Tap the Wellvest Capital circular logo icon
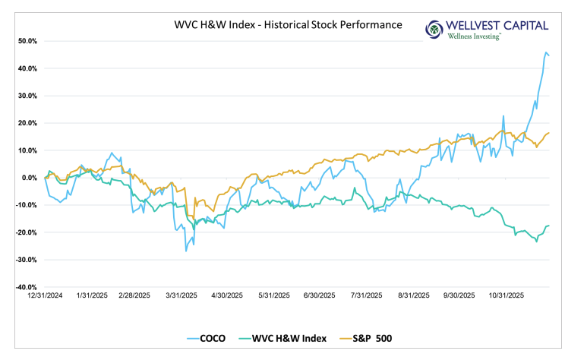tap(434, 30)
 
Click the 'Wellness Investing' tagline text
tap(475, 36)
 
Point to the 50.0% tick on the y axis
tap(27, 41)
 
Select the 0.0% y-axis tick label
tap(28, 178)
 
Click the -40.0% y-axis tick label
tap(25, 287)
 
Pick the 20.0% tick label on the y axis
tap(27, 123)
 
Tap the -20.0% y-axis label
tap(25, 232)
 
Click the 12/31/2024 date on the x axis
tap(46, 295)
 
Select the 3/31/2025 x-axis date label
tap(180, 295)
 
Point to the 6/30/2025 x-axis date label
tap(319, 295)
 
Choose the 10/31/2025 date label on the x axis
tap(504, 295)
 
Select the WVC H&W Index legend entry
tap(278, 337)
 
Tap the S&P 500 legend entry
tap(368, 337)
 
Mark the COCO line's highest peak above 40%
tap(546, 52)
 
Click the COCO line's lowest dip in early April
tap(186, 251)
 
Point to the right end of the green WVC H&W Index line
tap(549, 226)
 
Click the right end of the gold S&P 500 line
tap(549, 133)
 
